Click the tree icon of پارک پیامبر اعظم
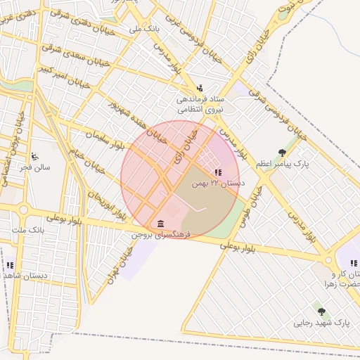click(x=282, y=153)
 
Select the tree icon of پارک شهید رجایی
click(x=321, y=311)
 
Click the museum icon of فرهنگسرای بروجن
click(x=161, y=223)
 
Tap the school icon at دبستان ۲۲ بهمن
click(x=218, y=172)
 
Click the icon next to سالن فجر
click(x=34, y=157)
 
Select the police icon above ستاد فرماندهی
click(x=200, y=89)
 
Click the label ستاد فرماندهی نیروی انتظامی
click(x=200, y=105)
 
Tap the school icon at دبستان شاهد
click(x=10, y=265)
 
